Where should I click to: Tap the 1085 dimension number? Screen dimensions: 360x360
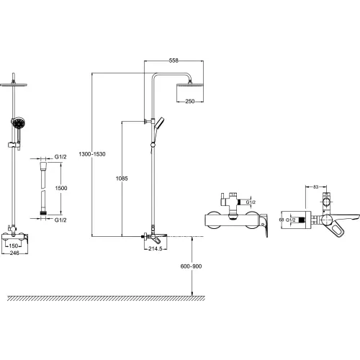[x=122, y=179]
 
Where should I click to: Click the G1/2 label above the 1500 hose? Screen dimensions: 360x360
[x=60, y=157]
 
